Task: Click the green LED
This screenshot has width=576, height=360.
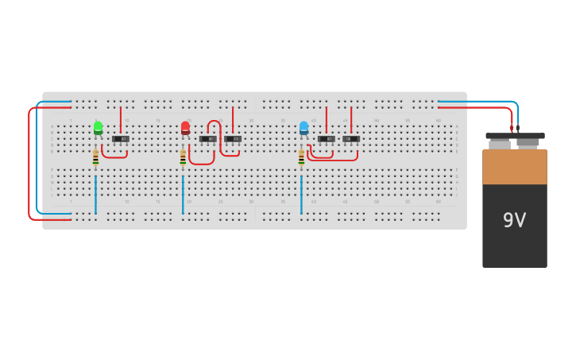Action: pos(98,127)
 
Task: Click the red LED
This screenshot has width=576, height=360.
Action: pos(185,127)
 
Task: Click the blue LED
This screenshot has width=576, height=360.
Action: pos(303,127)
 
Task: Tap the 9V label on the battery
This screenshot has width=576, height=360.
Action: pos(514,220)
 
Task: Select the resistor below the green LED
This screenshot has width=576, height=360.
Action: pos(95,158)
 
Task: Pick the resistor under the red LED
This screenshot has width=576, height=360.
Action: pos(183,158)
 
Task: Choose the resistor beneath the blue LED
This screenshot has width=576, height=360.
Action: pos(301,158)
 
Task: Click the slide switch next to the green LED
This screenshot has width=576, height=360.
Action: pos(121,139)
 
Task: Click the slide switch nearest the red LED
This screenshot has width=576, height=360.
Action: pos(207,139)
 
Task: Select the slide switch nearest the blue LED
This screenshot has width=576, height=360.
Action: pos(326,139)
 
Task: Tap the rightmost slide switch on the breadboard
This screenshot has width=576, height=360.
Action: pos(351,139)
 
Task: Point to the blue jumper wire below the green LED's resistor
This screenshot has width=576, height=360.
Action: pos(95,195)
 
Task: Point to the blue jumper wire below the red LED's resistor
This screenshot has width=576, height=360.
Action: pos(183,195)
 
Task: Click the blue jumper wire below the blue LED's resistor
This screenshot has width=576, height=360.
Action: pos(301,195)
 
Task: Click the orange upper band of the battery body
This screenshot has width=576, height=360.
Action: pos(514,166)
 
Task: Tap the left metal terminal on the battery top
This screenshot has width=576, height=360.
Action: pos(500,144)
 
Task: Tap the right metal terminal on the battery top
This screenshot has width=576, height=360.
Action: pos(528,144)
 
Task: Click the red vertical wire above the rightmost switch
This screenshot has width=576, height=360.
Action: pos(351,119)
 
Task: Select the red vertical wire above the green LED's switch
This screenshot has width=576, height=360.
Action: pos(121,119)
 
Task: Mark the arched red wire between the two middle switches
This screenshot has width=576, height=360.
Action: pos(214,122)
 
